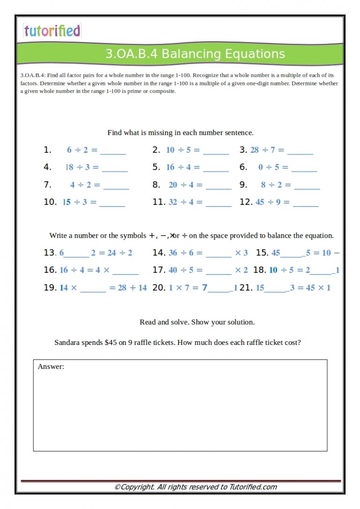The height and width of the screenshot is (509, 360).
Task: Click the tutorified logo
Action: [52, 31]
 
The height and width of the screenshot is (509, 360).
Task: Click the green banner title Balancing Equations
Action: [195, 54]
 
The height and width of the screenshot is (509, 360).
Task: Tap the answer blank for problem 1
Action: [113, 151]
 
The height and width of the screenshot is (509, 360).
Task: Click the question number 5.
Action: [157, 167]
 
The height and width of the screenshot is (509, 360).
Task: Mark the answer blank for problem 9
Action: [307, 186]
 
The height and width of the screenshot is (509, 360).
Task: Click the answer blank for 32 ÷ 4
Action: [218, 203]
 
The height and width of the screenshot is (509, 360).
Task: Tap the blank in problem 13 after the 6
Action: [77, 254]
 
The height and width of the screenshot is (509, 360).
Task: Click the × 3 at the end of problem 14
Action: [241, 253]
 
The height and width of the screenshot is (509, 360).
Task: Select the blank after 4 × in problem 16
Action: [126, 271]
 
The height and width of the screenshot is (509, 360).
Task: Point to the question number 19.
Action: [50, 288]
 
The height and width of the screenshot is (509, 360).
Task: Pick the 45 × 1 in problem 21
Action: [318, 288]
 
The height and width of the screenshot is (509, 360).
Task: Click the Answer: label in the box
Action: [51, 367]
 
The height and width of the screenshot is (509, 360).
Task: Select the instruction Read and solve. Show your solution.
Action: [197, 322]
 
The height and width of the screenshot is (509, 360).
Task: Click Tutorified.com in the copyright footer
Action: [253, 487]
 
